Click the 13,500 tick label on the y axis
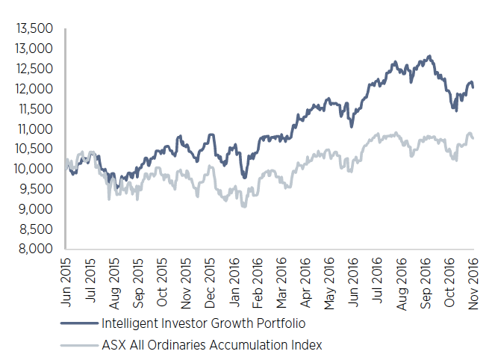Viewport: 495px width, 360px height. (x=34, y=28)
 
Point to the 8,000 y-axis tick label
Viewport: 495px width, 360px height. (x=36, y=248)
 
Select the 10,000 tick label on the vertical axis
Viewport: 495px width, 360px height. (x=34, y=168)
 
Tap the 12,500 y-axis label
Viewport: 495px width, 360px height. (x=34, y=68)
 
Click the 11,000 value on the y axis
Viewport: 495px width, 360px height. (x=34, y=128)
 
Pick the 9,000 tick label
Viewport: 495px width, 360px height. (x=36, y=208)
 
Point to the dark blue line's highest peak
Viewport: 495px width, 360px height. (x=429, y=56)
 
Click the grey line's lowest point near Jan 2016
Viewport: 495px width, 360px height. (x=244, y=205)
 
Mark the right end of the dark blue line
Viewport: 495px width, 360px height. (x=473, y=87)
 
